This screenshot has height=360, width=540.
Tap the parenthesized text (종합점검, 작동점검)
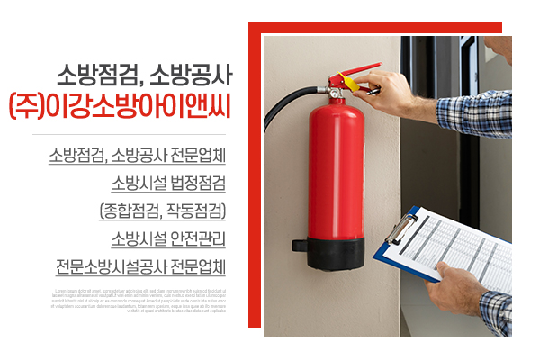pos(162,212)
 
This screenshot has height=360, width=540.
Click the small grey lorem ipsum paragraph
pos(140,301)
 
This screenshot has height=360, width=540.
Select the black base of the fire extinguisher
pos(336,253)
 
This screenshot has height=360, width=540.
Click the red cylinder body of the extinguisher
pos(336,171)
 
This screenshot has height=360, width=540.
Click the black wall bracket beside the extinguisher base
pos(298,244)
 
